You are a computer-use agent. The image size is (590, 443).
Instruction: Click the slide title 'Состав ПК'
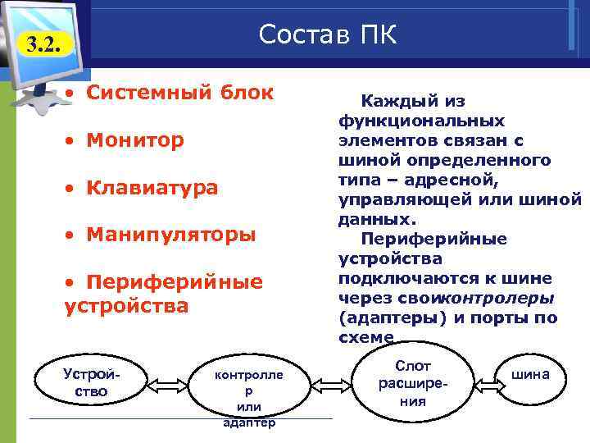pyautogui.click(x=328, y=34)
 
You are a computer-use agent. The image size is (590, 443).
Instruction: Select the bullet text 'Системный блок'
pyautogui.click(x=180, y=92)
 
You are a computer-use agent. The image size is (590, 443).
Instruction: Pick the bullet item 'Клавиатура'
pyautogui.click(x=152, y=188)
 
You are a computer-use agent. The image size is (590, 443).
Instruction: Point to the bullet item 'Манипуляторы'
pyautogui.click(x=171, y=235)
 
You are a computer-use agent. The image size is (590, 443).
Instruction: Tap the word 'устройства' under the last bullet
pyautogui.click(x=126, y=306)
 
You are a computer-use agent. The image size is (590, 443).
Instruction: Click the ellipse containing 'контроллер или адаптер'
pyautogui.click(x=249, y=391)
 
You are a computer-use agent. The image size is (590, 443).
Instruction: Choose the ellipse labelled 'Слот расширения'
pyautogui.click(x=412, y=382)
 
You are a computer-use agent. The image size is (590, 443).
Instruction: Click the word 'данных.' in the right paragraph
pyautogui.click(x=378, y=219)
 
